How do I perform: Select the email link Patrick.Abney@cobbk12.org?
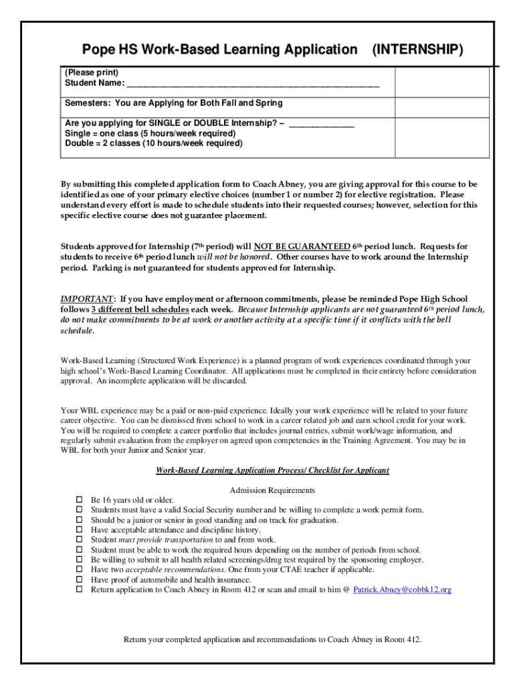402,589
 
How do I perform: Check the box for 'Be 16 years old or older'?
78,500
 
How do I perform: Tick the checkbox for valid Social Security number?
78,510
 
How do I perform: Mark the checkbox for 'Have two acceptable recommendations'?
78,569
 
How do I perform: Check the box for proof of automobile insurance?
78,579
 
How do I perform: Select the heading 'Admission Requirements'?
272,490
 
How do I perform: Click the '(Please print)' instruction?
92,72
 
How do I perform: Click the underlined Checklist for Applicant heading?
272,470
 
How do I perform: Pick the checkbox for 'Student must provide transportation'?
78,539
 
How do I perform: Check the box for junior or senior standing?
78,520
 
